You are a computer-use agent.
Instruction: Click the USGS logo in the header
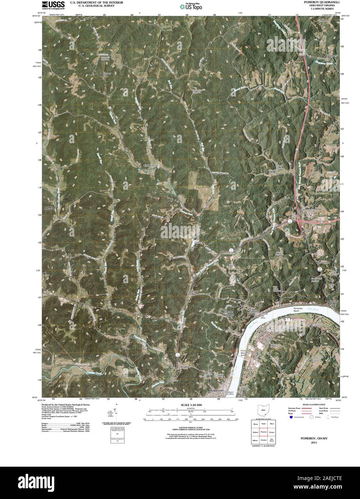tap(53, 5)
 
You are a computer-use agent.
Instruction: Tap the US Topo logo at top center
tap(191, 6)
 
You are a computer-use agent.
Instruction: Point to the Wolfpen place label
tap(148, 165)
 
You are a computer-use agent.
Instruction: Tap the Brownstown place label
tap(323, 263)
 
